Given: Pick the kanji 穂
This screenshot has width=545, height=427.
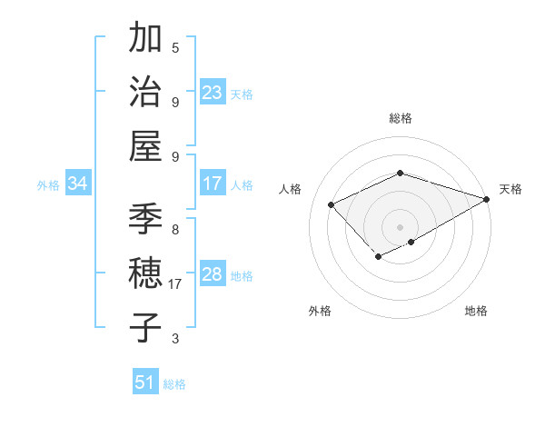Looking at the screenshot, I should point(145,273).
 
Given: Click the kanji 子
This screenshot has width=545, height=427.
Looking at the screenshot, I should point(145,328).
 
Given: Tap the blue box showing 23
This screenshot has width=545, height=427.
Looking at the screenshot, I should point(212,92).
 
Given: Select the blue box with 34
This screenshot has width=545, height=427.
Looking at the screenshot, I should point(78,184).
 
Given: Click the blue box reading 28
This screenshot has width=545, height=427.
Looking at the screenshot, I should point(212,274).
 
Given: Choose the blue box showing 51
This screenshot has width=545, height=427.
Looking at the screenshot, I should point(145,382).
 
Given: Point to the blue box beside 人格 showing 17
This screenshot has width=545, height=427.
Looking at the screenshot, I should point(212,184).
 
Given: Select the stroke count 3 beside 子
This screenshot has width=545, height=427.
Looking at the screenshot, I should point(175,339).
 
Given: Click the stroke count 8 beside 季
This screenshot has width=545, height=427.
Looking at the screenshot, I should point(175,229).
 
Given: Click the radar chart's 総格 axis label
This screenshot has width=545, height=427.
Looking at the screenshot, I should point(400,118).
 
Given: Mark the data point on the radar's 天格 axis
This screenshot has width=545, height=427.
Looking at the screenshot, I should point(488,199).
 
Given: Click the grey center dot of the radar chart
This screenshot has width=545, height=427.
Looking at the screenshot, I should point(400,226).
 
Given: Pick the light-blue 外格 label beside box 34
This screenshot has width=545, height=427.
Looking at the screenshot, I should point(48,184).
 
